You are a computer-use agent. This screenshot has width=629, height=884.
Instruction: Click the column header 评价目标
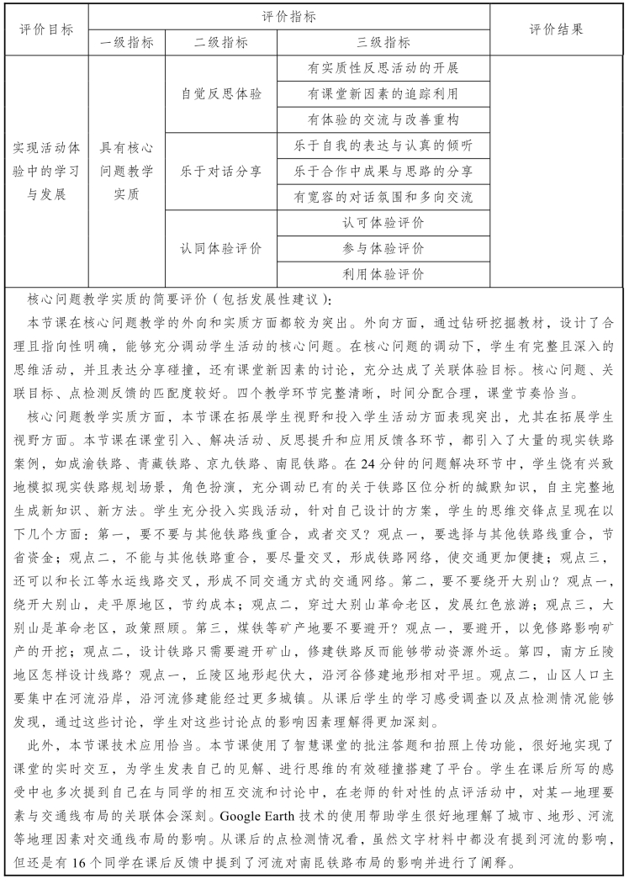[x=46, y=29]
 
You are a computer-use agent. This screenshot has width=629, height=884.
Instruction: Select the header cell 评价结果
[x=556, y=29]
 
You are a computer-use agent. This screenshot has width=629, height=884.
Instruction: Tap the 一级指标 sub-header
[x=126, y=43]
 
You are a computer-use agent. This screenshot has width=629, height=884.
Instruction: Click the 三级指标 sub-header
[x=383, y=43]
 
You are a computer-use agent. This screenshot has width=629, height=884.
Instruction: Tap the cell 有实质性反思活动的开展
[x=383, y=68]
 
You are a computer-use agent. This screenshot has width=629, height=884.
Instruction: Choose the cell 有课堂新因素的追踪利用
[x=383, y=93]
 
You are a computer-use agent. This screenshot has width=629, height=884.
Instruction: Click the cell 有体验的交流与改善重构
[x=383, y=119]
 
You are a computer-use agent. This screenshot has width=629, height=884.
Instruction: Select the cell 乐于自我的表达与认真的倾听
[x=383, y=146]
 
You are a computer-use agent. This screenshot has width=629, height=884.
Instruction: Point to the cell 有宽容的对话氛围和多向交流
[x=383, y=197]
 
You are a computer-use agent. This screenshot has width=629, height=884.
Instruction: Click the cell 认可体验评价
[x=383, y=223]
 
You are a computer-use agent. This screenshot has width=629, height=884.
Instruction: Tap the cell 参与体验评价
[x=383, y=248]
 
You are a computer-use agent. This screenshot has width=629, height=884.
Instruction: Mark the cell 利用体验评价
[x=383, y=274]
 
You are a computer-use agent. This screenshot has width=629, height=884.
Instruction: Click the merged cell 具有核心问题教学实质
[x=126, y=171]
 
